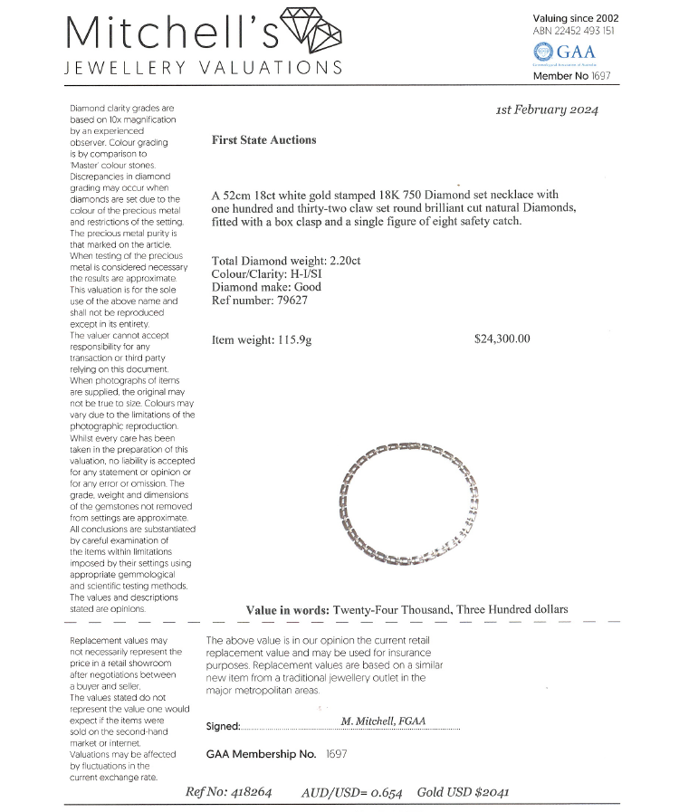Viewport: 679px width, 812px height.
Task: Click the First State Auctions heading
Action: tap(263, 140)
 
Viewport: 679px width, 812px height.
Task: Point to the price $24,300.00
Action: tap(502, 339)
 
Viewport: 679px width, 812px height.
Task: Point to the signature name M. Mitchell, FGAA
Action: tap(384, 721)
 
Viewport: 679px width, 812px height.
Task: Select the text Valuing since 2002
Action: tap(576, 17)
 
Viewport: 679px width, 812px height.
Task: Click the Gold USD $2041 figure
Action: tap(463, 792)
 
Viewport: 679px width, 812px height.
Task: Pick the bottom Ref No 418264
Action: tap(228, 792)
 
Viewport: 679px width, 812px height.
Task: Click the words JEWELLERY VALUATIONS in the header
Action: tap(204, 68)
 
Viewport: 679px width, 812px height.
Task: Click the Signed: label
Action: tap(223, 726)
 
